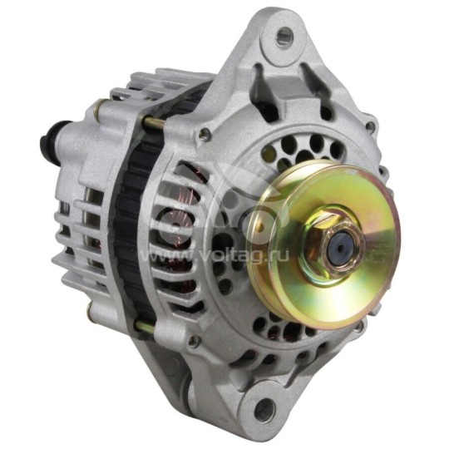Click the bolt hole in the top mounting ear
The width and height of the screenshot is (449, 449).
point(285,36)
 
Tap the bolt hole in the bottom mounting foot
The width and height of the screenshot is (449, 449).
point(264,408)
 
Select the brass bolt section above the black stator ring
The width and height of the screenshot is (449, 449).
point(155,123)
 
